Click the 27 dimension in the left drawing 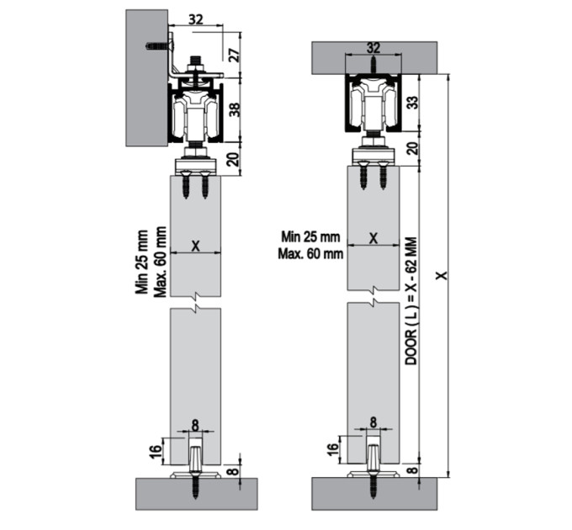[x=236, y=54]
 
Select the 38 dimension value [x=236, y=109]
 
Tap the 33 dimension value [x=412, y=103]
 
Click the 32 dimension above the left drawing [x=195, y=19]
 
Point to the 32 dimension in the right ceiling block [x=373, y=48]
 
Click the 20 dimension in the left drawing [x=236, y=159]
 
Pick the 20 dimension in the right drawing [x=412, y=148]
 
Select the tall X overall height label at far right [x=442, y=276]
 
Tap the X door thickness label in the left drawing [x=196, y=246]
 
